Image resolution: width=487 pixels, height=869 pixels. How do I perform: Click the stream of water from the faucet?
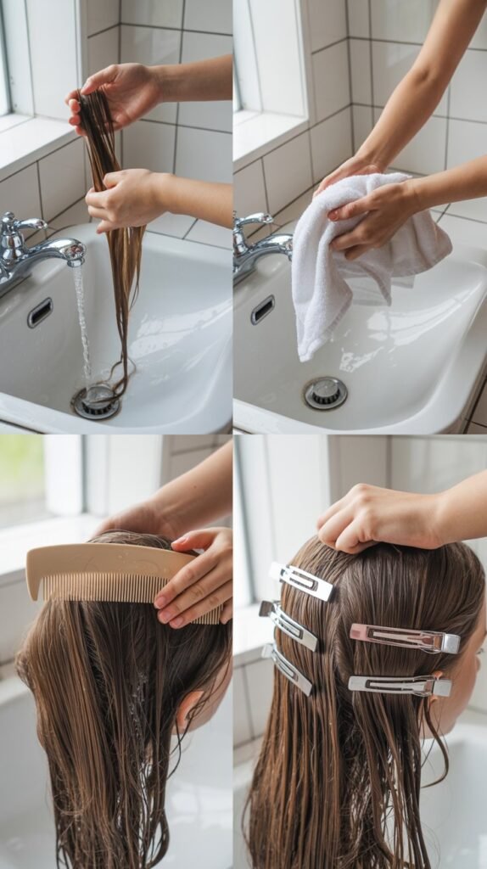coord(81,322)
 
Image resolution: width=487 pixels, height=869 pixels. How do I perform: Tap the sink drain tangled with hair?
coord(96,401)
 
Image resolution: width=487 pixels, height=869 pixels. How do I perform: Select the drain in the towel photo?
coord(325,392)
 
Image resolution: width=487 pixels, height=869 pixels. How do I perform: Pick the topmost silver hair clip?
coord(301,580)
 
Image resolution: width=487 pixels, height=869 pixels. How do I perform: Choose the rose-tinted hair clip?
coord(405,637)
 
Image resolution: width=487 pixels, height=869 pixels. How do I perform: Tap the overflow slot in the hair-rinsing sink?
coord(39,312)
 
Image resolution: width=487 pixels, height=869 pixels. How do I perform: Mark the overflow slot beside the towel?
coord(262,310)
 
